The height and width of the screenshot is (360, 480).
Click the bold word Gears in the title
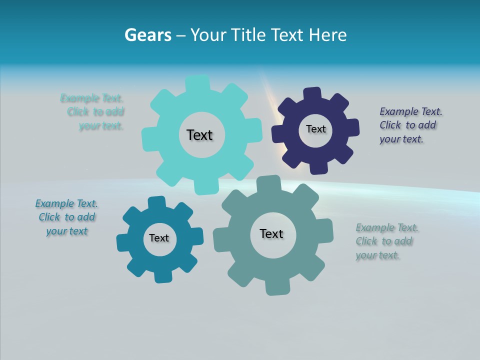click(147, 35)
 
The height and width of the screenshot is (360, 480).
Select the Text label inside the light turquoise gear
click(199, 135)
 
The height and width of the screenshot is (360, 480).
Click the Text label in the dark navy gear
click(315, 129)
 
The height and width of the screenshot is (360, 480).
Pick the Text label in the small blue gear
click(159, 238)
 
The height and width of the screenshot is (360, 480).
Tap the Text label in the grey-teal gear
click(271, 233)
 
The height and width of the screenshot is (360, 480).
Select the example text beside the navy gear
click(410, 125)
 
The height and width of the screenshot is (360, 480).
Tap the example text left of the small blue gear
click(66, 217)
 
